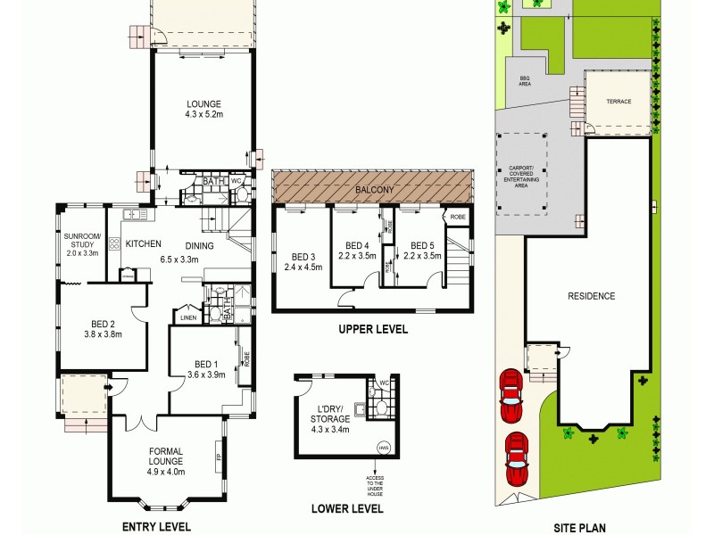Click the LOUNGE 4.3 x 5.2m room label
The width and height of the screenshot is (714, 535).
(x=203, y=109)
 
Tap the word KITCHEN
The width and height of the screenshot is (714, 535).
(x=143, y=243)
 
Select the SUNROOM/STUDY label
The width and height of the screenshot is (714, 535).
(x=83, y=244)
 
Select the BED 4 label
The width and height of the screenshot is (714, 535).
(x=357, y=250)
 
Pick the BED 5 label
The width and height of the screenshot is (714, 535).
(x=422, y=250)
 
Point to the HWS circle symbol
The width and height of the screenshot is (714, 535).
(x=384, y=448)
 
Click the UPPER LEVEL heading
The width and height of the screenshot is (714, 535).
(x=372, y=329)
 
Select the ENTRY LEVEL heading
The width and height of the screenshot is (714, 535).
(x=156, y=526)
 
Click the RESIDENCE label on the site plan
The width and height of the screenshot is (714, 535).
(x=592, y=296)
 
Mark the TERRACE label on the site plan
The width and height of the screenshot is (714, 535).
(x=619, y=102)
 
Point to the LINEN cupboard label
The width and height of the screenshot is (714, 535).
(x=187, y=317)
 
